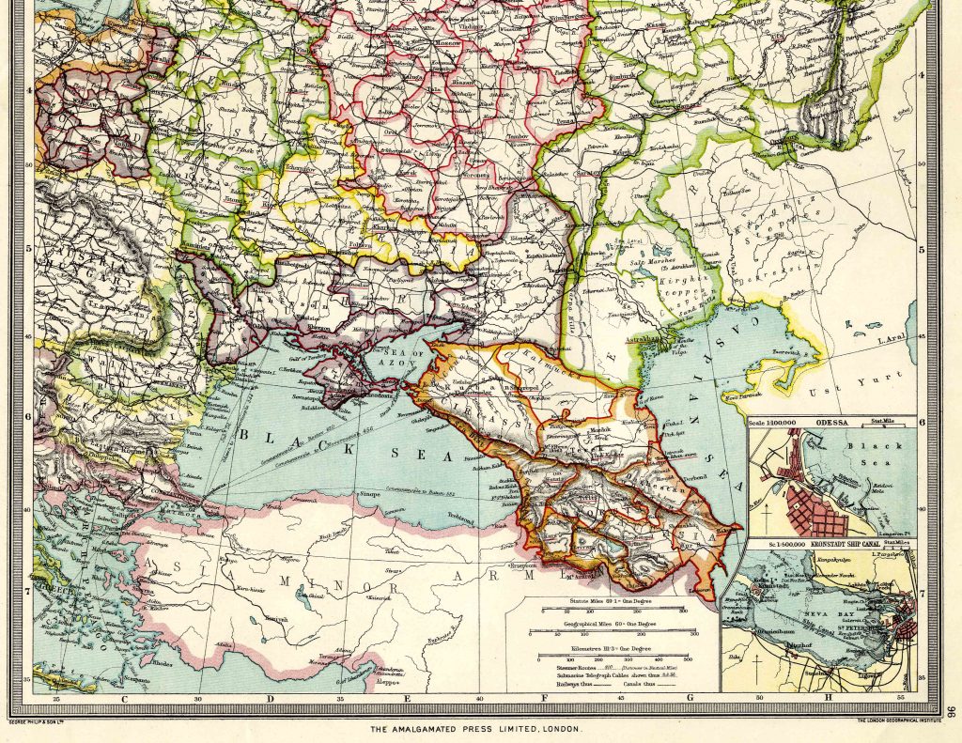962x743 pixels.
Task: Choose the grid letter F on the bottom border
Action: [544, 699]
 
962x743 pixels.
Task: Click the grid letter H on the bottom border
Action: [829, 699]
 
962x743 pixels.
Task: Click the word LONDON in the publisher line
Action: [560, 729]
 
